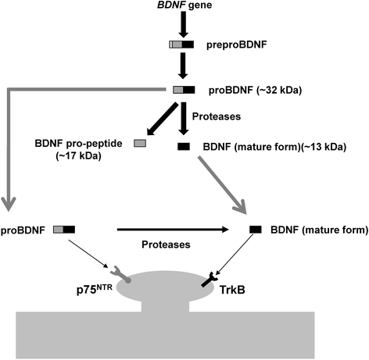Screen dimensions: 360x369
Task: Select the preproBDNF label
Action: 235,46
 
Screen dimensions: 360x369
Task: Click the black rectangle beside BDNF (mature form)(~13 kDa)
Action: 184,146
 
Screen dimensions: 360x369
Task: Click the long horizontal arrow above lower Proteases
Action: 173,229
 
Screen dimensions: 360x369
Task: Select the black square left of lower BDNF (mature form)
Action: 255,229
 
